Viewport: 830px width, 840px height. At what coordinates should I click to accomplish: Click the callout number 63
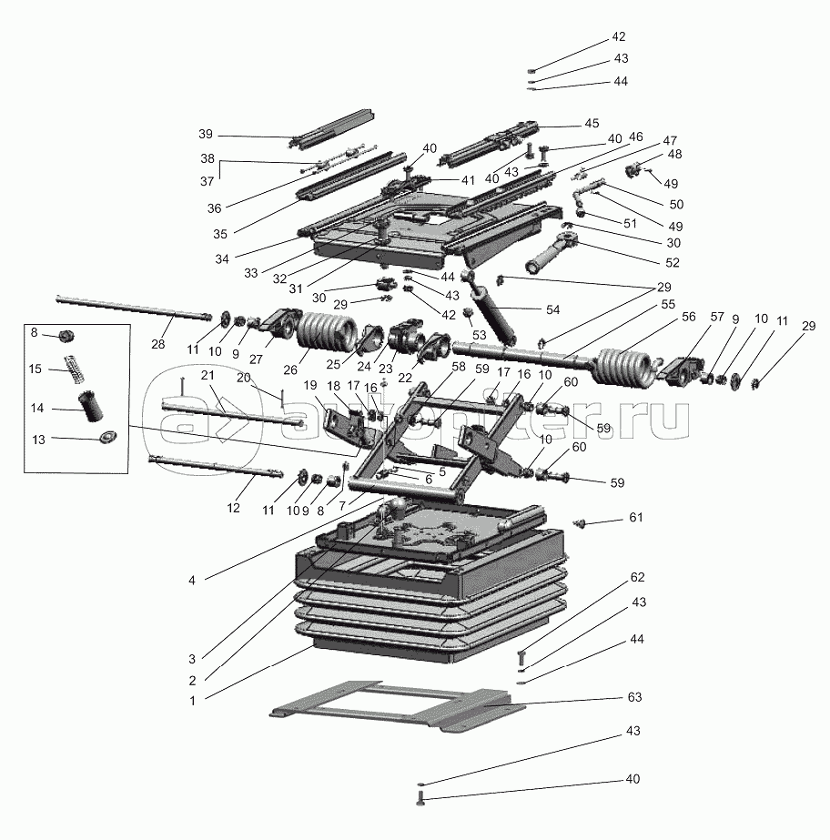[x=634, y=697]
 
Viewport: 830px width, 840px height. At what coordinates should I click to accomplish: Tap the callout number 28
[x=158, y=344]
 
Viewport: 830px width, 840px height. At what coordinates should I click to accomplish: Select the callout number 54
[x=552, y=309]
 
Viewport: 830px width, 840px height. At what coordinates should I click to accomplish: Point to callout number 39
[x=206, y=134]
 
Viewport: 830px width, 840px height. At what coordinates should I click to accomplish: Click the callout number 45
[x=592, y=123]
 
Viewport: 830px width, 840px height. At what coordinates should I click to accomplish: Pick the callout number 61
[x=635, y=518]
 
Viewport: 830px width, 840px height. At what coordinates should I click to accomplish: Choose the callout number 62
[x=638, y=577]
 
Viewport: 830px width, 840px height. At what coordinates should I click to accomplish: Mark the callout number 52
[x=672, y=262]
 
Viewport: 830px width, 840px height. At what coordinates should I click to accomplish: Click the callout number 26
[x=290, y=369]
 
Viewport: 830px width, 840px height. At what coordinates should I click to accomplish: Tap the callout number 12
[x=233, y=508]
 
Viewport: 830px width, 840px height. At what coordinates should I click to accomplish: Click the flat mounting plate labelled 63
[x=398, y=706]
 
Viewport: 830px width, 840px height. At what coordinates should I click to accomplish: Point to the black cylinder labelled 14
[x=91, y=407]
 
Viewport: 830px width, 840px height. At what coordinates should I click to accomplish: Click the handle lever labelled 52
[x=552, y=250]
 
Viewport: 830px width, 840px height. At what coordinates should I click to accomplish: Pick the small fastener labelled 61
[x=578, y=523]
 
